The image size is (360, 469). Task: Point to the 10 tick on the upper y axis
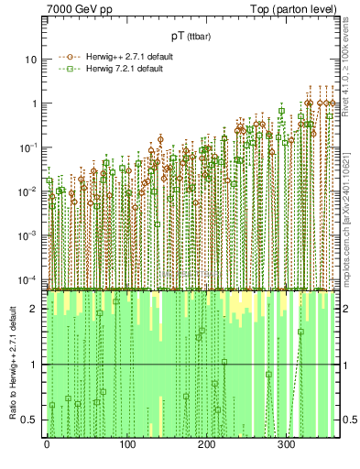point(31,60)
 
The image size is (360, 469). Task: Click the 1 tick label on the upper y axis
point(34,104)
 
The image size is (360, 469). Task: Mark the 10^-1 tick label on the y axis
point(28,147)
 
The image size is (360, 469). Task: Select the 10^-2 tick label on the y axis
point(28,191)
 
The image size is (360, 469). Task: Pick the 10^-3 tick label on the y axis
point(28,234)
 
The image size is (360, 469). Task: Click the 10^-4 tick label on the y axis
point(28,278)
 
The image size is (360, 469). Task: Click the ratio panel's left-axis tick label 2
point(34,309)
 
